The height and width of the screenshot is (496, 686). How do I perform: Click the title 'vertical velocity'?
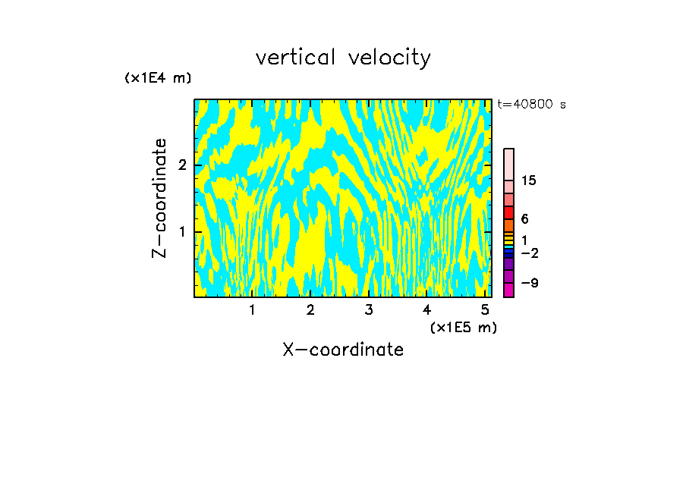(x=343, y=58)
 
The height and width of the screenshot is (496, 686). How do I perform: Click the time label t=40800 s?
(x=531, y=105)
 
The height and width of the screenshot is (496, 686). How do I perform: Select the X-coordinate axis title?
(x=343, y=350)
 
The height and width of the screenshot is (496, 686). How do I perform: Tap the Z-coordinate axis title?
(x=159, y=198)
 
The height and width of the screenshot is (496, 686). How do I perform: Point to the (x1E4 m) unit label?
(x=158, y=78)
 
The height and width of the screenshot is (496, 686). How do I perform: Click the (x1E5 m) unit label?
(x=463, y=327)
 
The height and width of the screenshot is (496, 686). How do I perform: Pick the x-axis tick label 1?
(x=252, y=309)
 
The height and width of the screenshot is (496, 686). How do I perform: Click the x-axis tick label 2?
(x=310, y=309)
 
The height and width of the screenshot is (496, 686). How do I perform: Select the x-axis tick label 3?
(x=369, y=309)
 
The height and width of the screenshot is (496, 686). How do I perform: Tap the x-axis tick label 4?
(x=426, y=309)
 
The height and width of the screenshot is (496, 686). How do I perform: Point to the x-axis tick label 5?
(x=485, y=309)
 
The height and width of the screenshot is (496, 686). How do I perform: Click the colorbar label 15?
(x=529, y=181)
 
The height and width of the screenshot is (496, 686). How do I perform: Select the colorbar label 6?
(x=524, y=219)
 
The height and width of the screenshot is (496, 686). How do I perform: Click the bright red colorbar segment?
(x=508, y=212)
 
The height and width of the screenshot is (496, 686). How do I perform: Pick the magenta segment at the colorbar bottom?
(x=508, y=290)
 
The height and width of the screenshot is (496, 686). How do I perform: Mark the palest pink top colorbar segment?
(x=508, y=164)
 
